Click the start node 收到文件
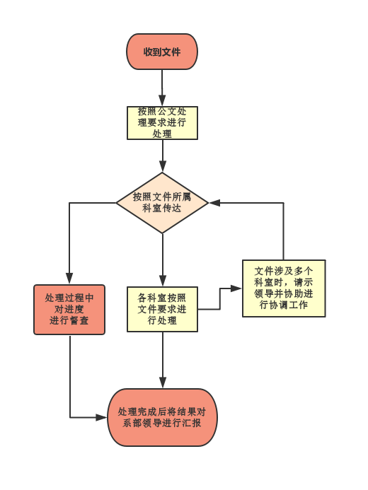[x=162, y=52]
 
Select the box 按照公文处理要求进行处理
[x=162, y=123]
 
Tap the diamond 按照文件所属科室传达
[x=162, y=203]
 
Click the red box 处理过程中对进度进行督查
[x=69, y=310]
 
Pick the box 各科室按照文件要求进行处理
[x=162, y=309]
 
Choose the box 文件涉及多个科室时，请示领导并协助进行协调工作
[x=284, y=288]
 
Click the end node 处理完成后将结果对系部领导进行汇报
[x=162, y=417]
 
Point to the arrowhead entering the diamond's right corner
[x=214, y=203]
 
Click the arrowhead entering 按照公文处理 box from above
[x=162, y=100]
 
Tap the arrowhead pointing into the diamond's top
[x=162, y=167]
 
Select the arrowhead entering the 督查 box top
[x=69, y=279]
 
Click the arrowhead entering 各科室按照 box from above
[x=163, y=281]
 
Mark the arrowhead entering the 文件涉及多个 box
[x=236, y=288]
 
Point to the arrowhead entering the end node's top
[x=163, y=383]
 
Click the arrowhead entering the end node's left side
[x=102, y=417]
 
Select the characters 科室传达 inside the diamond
[x=161, y=208]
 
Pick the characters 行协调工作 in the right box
[x=284, y=305]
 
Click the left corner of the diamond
[x=116, y=203]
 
